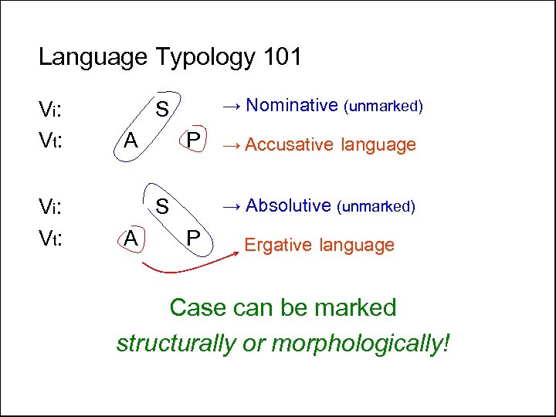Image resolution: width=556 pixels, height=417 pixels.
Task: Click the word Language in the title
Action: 93,58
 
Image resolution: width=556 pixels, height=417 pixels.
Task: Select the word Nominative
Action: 293,105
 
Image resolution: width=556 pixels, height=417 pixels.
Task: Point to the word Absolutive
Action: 287,205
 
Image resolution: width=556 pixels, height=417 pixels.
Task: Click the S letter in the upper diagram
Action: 163,109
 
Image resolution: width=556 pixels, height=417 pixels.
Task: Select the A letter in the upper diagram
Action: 131,141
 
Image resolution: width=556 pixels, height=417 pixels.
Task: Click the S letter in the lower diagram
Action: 163,208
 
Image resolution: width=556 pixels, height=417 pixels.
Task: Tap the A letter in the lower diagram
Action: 132,240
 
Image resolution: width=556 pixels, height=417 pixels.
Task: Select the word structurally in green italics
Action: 175,343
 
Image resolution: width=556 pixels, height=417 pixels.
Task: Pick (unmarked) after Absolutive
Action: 376,206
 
